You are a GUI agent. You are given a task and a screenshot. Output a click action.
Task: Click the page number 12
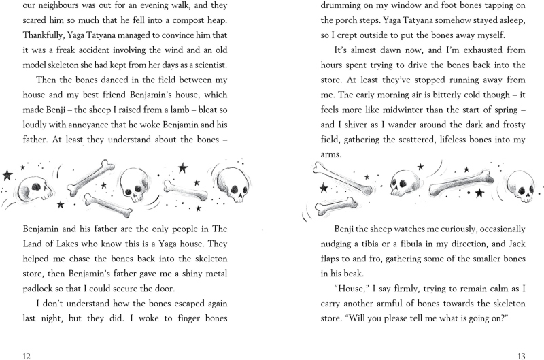[27, 355]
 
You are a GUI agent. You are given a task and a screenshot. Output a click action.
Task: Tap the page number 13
[520, 355]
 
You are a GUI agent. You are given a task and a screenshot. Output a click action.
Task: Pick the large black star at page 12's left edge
[7, 175]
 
